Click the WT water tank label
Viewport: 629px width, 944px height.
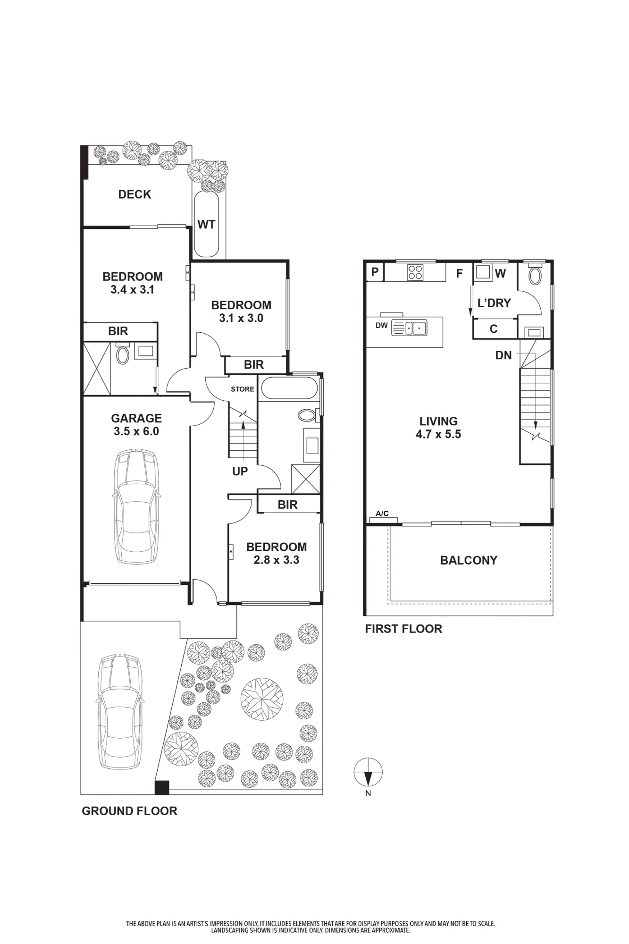pos(206,224)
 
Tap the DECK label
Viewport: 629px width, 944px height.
pos(134,194)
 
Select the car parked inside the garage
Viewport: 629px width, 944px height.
pos(136,506)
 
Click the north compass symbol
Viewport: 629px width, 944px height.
pos(368,773)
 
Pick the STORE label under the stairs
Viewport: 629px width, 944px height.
pos(243,389)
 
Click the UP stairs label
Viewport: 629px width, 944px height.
pos(240,471)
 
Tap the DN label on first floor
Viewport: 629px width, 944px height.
pos(503,355)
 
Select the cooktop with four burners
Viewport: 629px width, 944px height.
pos(416,272)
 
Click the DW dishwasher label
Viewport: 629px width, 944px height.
pos(382,325)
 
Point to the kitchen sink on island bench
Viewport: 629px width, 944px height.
pos(409,328)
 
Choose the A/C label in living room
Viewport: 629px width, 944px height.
pos(382,514)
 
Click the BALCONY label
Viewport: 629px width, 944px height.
pos(469,560)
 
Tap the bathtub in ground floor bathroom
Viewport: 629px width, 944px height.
pos(289,388)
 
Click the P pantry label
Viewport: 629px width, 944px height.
pos(375,272)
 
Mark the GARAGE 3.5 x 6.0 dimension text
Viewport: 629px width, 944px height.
pos(136,425)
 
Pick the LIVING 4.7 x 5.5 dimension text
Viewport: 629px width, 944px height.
pos(438,428)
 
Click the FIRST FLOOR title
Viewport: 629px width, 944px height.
pos(403,629)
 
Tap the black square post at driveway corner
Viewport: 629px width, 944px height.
pos(162,787)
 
